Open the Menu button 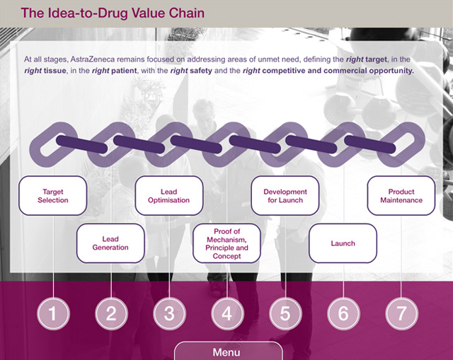(226, 352)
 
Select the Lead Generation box (110, 243)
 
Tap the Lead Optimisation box (168, 196)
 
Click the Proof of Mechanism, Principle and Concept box (226, 243)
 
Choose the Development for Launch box (285, 196)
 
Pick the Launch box (343, 243)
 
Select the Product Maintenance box (401, 196)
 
